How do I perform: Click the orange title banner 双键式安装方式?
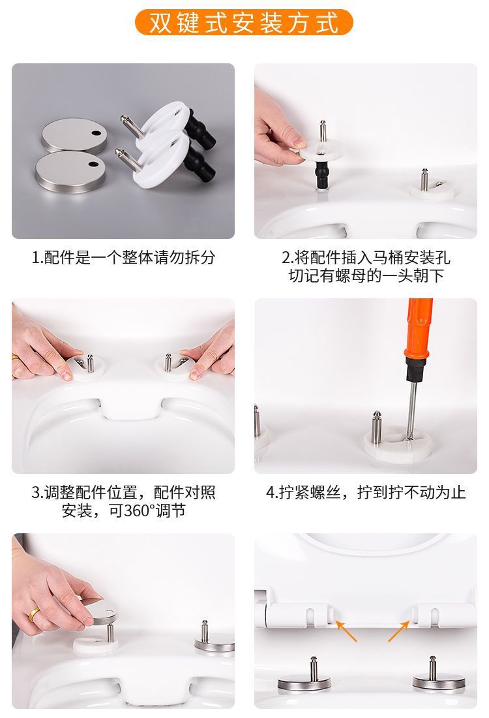tap(244, 22)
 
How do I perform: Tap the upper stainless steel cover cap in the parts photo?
tap(74, 135)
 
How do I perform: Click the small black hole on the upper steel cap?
tap(96, 133)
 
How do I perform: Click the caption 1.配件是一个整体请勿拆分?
tap(123, 257)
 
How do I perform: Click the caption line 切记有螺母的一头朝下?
tap(366, 276)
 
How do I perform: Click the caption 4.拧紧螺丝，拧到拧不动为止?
tap(366, 493)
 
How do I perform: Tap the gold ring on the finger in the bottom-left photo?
tap(34, 614)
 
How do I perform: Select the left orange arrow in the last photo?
tap(346, 631)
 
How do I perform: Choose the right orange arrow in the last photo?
tap(399, 631)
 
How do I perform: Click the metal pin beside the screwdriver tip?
tap(376, 428)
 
